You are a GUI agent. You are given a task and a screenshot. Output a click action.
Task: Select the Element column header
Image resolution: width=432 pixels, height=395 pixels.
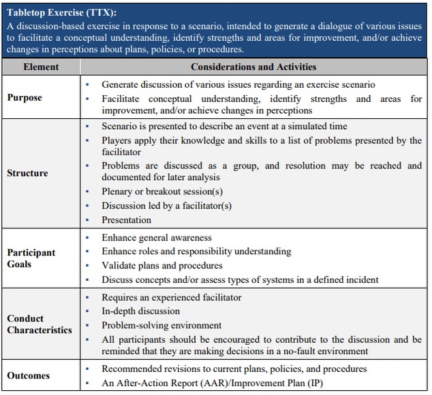(x=41, y=67)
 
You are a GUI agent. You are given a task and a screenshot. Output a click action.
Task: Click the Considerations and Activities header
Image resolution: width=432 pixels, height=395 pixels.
(x=253, y=67)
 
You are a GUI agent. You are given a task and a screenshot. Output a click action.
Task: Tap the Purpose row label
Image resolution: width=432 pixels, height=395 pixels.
(x=25, y=97)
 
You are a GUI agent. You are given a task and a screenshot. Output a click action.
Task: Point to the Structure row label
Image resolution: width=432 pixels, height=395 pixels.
(x=27, y=173)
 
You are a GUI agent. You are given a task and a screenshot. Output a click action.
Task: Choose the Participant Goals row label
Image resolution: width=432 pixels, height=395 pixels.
(x=31, y=258)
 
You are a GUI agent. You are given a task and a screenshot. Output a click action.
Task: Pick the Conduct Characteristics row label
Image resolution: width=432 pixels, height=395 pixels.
(x=40, y=324)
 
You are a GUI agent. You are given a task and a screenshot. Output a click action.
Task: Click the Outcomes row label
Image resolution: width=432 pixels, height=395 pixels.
(x=29, y=375)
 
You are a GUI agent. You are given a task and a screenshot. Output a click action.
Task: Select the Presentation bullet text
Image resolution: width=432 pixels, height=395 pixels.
(x=126, y=220)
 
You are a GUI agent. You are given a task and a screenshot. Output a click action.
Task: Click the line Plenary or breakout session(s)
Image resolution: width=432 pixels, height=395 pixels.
(x=162, y=192)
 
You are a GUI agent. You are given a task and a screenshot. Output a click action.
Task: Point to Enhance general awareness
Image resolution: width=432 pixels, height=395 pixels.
(x=157, y=238)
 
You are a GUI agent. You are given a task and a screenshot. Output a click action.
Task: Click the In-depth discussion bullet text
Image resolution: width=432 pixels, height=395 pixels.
(x=142, y=311)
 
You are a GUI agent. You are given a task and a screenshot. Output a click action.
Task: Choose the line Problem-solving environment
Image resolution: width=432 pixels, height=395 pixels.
(x=161, y=325)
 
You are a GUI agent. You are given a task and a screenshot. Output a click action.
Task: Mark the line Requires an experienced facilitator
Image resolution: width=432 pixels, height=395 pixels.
(x=172, y=297)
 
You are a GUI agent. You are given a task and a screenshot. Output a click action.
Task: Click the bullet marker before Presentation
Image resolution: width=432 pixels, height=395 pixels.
(x=88, y=220)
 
